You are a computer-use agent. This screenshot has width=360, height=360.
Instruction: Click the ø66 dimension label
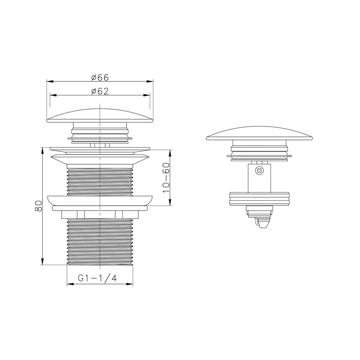100,77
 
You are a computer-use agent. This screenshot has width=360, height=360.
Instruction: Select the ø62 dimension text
100,91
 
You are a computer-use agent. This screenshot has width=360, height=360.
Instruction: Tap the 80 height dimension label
39,206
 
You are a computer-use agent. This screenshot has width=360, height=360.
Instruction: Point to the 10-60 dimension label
166,178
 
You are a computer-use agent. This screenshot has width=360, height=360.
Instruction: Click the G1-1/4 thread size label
97,278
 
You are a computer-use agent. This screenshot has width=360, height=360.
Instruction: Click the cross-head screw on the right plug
259,171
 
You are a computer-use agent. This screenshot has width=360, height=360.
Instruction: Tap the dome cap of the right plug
260,133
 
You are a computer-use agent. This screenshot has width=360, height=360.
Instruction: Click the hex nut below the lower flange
100,215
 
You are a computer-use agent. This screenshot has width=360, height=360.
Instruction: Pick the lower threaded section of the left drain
100,242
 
